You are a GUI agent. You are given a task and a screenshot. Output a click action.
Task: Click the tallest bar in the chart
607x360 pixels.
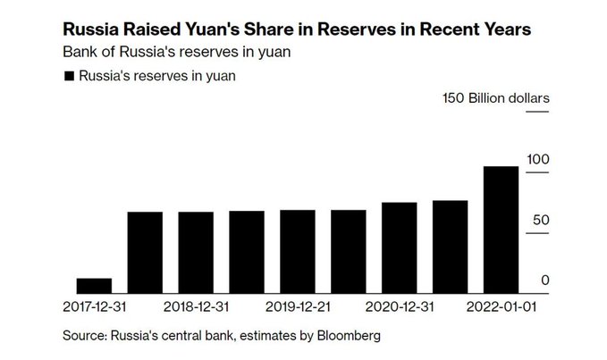pos(500,229)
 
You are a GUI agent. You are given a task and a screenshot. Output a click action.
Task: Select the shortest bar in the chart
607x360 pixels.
pos(93,285)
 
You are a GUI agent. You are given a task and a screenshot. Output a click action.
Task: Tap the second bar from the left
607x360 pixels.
pos(144,252)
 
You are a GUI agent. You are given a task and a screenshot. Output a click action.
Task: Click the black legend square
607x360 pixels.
pos(68,77)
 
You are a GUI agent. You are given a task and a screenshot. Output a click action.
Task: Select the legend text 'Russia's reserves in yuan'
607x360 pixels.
pos(157,77)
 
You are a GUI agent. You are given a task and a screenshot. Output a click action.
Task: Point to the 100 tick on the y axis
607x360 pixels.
pos(538,158)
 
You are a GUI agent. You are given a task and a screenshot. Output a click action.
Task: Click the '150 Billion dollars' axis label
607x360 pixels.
pos(496,97)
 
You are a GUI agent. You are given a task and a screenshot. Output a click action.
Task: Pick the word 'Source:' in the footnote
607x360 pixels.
pos(83,336)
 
